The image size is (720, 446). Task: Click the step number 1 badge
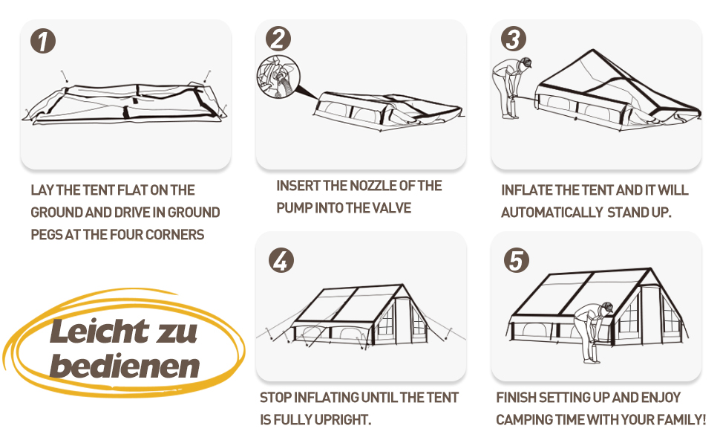[x=43, y=41]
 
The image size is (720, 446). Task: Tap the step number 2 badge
[x=278, y=38]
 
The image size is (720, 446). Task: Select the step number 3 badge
[x=514, y=39]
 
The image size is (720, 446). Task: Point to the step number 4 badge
[x=281, y=260]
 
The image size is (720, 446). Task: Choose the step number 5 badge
[x=517, y=260]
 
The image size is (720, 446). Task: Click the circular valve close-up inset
[x=278, y=77]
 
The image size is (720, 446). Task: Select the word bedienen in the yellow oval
[x=125, y=366]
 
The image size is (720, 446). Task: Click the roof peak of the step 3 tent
[x=593, y=50]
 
